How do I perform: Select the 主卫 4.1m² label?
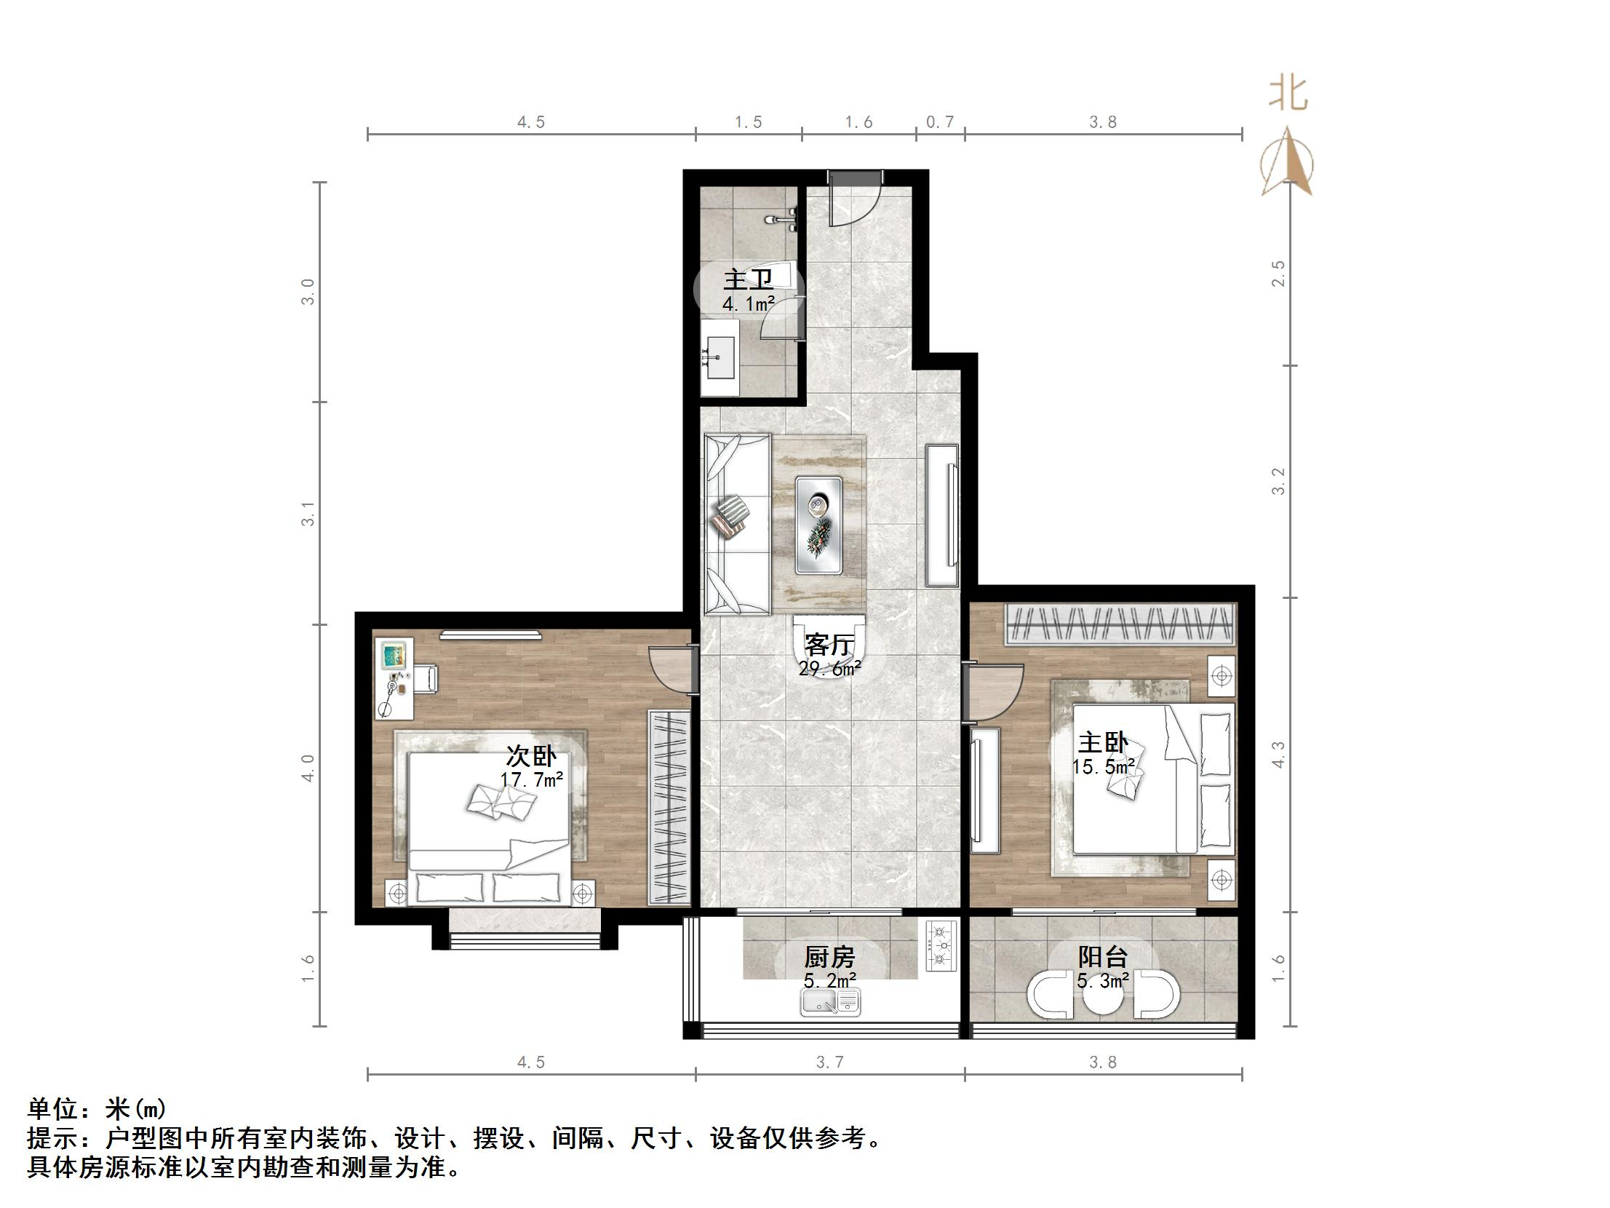(748, 290)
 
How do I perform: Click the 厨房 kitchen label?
(829, 957)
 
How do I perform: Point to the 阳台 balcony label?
(1103, 957)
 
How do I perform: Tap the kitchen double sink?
(831, 1003)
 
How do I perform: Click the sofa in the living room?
(737, 524)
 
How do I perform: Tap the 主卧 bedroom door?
(992, 692)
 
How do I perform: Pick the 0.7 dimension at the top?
(940, 122)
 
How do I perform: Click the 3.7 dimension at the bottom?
(829, 1062)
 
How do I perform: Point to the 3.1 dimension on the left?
(308, 513)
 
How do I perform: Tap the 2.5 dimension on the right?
(1278, 274)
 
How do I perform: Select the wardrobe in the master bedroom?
(1120, 624)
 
